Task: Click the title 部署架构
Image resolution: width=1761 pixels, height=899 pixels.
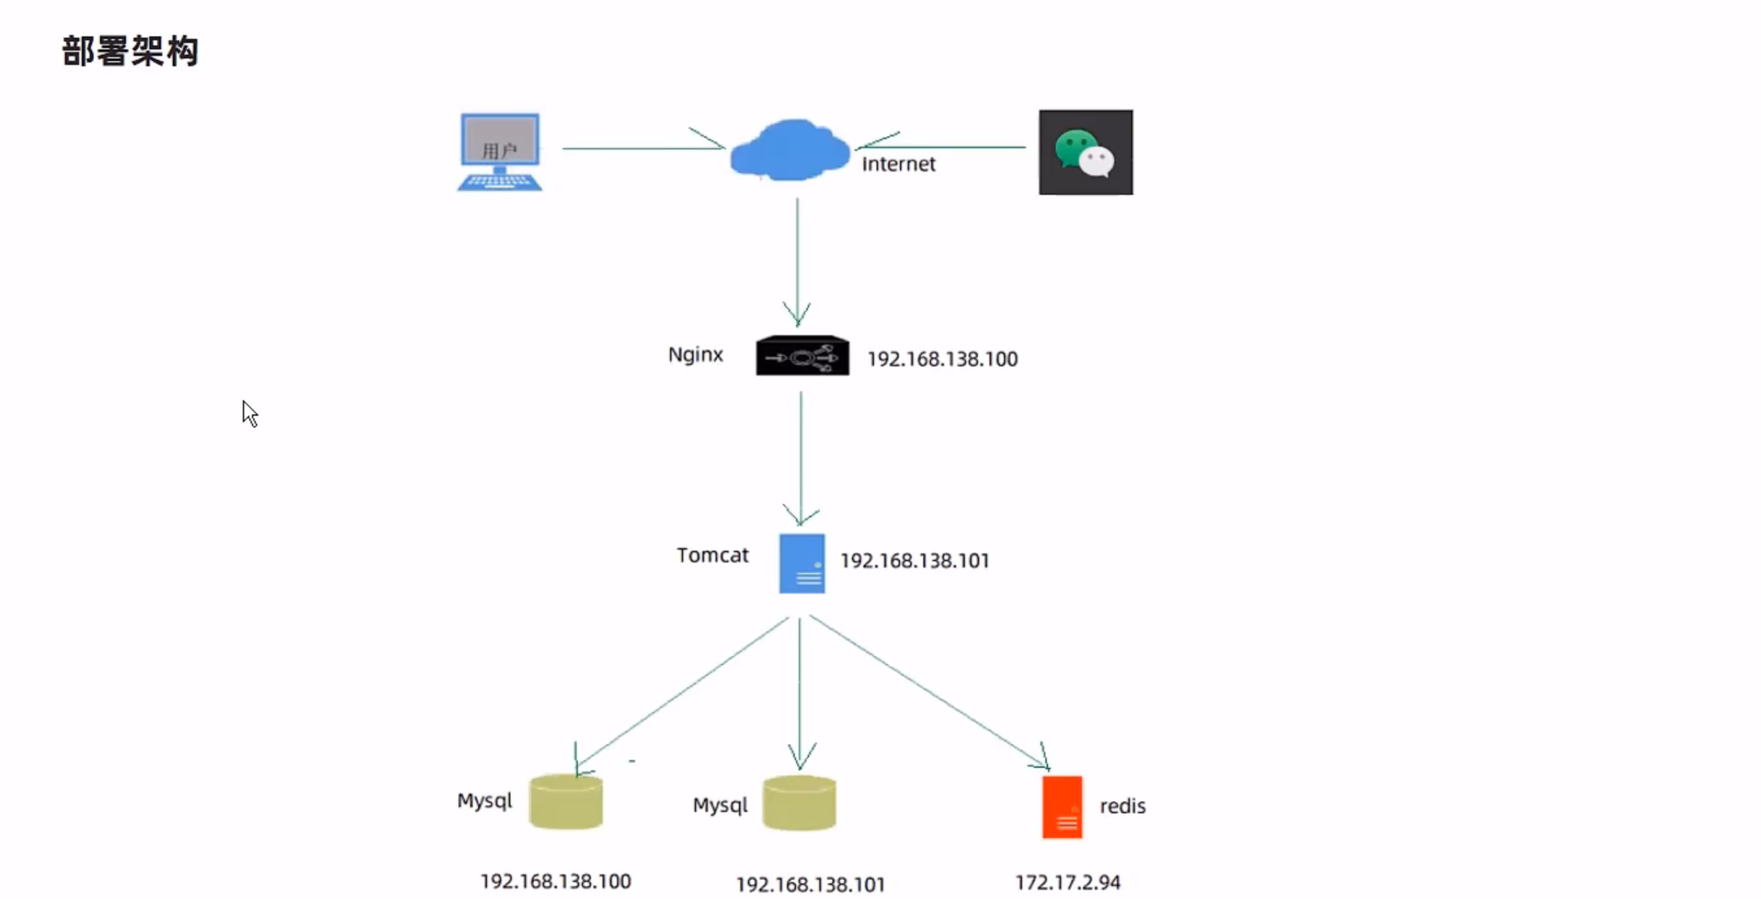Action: (x=130, y=51)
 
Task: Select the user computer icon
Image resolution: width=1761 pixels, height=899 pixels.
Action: (x=500, y=152)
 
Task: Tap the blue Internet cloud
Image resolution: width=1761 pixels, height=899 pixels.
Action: (x=789, y=151)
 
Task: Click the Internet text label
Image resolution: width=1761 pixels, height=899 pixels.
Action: (x=898, y=164)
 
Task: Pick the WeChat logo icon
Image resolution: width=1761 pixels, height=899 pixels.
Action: (x=1086, y=152)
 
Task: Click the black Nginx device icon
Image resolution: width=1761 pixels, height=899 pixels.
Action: (x=803, y=355)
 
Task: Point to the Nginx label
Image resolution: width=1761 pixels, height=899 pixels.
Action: (x=695, y=354)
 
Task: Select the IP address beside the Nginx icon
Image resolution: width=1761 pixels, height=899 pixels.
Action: (x=942, y=359)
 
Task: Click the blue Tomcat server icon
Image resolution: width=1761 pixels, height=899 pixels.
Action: (x=802, y=563)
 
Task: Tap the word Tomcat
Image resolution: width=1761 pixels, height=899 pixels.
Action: (x=712, y=555)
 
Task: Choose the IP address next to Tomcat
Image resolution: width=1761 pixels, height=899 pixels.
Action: (x=915, y=561)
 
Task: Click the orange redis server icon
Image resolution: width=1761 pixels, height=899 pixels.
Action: (x=1062, y=807)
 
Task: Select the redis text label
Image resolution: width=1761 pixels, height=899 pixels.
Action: (x=1123, y=806)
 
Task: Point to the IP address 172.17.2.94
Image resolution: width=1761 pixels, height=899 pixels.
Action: (x=1067, y=883)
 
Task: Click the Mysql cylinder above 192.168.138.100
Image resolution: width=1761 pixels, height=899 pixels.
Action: (x=566, y=802)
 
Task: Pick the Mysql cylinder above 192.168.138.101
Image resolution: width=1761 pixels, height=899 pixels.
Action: (x=799, y=804)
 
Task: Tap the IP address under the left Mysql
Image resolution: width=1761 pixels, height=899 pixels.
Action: (x=555, y=881)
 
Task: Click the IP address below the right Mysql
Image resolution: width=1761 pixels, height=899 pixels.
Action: (x=810, y=885)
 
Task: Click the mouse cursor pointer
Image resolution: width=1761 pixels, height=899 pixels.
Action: (x=249, y=413)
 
